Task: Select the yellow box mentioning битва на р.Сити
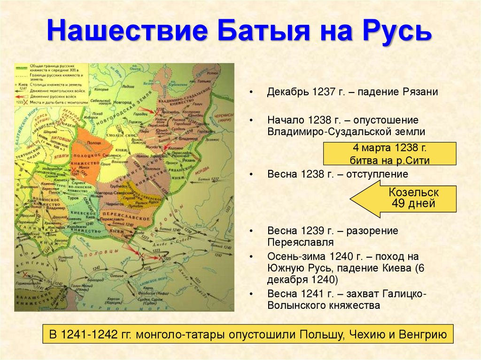[x=389, y=154]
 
